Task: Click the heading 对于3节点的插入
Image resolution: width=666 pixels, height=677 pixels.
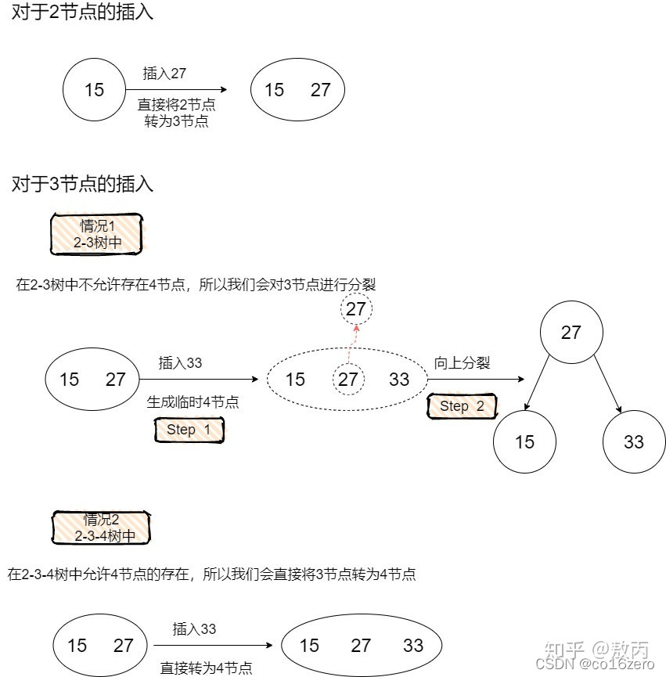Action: coord(82,185)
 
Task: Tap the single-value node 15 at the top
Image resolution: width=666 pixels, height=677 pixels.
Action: coord(94,90)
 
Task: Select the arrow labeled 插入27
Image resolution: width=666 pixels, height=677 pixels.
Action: coord(176,90)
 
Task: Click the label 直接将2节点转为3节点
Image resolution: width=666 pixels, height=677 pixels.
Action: coord(176,113)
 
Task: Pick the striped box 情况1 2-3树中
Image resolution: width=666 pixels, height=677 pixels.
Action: coord(97,234)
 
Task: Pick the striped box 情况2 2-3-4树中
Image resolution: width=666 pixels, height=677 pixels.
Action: coord(101,528)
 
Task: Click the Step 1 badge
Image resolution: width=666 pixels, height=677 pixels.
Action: coord(189,430)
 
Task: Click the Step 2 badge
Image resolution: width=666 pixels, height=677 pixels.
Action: coord(462,406)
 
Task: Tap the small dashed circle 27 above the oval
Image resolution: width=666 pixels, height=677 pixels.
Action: coord(356,309)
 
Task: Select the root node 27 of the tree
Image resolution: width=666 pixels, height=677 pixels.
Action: coord(571,333)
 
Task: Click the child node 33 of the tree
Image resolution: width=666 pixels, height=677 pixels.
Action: coord(634,442)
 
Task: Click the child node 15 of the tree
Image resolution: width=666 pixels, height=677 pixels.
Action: coord(524,442)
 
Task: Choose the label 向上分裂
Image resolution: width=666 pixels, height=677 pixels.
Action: coord(462,363)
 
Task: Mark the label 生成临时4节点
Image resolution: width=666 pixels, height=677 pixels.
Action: coord(193,402)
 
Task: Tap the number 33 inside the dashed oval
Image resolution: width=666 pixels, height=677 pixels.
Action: coord(399,380)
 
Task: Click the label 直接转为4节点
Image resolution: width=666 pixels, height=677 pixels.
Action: coord(207,668)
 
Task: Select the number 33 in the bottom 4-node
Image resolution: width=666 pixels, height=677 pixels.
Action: coord(413,646)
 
